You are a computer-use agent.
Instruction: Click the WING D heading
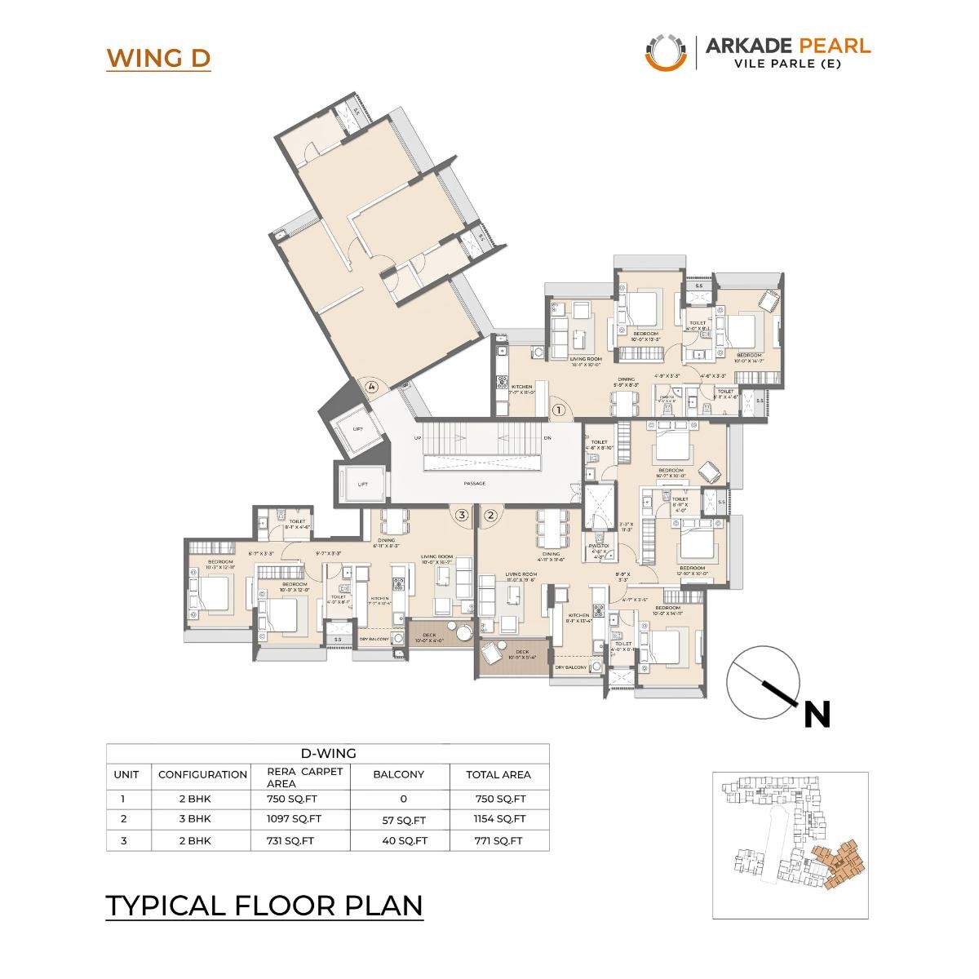(158, 59)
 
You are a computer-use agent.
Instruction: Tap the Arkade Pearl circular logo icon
(666, 51)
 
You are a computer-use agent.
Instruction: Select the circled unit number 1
(559, 410)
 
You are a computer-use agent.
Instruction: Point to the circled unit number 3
(462, 515)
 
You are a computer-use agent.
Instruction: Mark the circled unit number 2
(490, 515)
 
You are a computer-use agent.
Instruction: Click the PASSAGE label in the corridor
(474, 484)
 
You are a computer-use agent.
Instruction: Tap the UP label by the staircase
(418, 438)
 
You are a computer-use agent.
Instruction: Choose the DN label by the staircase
(547, 438)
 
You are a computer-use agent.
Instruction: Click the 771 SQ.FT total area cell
(498, 840)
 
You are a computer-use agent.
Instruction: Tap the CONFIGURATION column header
(202, 774)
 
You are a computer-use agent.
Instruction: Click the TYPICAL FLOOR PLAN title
(264, 906)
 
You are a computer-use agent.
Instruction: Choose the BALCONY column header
(398, 774)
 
